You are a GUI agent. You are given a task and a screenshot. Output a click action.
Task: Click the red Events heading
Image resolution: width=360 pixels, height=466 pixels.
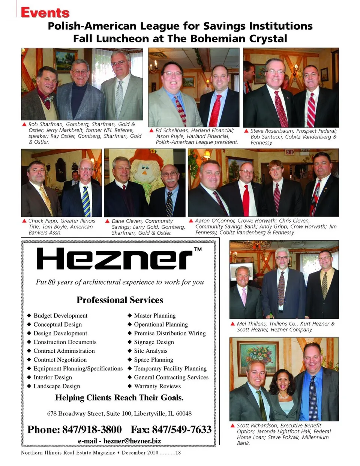[x=45, y=12]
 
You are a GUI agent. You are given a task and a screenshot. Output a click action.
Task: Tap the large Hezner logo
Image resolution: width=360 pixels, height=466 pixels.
[x=114, y=259]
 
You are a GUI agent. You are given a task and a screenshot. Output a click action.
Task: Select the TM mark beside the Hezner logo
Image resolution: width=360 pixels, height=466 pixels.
[x=198, y=249]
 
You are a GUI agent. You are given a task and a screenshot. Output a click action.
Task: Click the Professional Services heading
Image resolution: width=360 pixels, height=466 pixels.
[x=120, y=300]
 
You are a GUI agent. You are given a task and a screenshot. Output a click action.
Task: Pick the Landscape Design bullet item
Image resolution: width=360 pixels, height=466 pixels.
[x=57, y=386]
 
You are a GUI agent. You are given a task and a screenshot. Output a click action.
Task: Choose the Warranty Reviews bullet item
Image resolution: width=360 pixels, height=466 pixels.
[x=157, y=386]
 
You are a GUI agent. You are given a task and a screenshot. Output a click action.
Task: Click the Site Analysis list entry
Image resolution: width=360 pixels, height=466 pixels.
[x=150, y=351]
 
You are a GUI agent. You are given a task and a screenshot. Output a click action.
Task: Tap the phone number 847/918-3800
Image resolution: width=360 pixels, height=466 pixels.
[x=92, y=429]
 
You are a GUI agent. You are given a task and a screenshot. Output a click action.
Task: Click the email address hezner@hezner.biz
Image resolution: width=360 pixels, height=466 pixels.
[x=132, y=441]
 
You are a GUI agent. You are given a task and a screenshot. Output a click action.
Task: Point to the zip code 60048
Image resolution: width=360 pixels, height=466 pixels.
[x=184, y=414]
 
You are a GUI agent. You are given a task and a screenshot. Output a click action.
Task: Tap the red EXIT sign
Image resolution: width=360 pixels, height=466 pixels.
[x=289, y=152]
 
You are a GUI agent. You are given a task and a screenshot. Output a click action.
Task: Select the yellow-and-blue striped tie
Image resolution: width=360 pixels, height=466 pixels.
[x=86, y=201]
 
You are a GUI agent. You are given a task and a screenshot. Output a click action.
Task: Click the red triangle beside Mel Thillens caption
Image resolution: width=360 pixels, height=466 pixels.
[x=233, y=324]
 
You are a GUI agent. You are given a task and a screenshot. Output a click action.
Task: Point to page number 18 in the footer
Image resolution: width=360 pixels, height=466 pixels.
[x=178, y=453]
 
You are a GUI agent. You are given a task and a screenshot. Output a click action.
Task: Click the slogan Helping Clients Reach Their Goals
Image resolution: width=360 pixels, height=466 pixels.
[x=119, y=398]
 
